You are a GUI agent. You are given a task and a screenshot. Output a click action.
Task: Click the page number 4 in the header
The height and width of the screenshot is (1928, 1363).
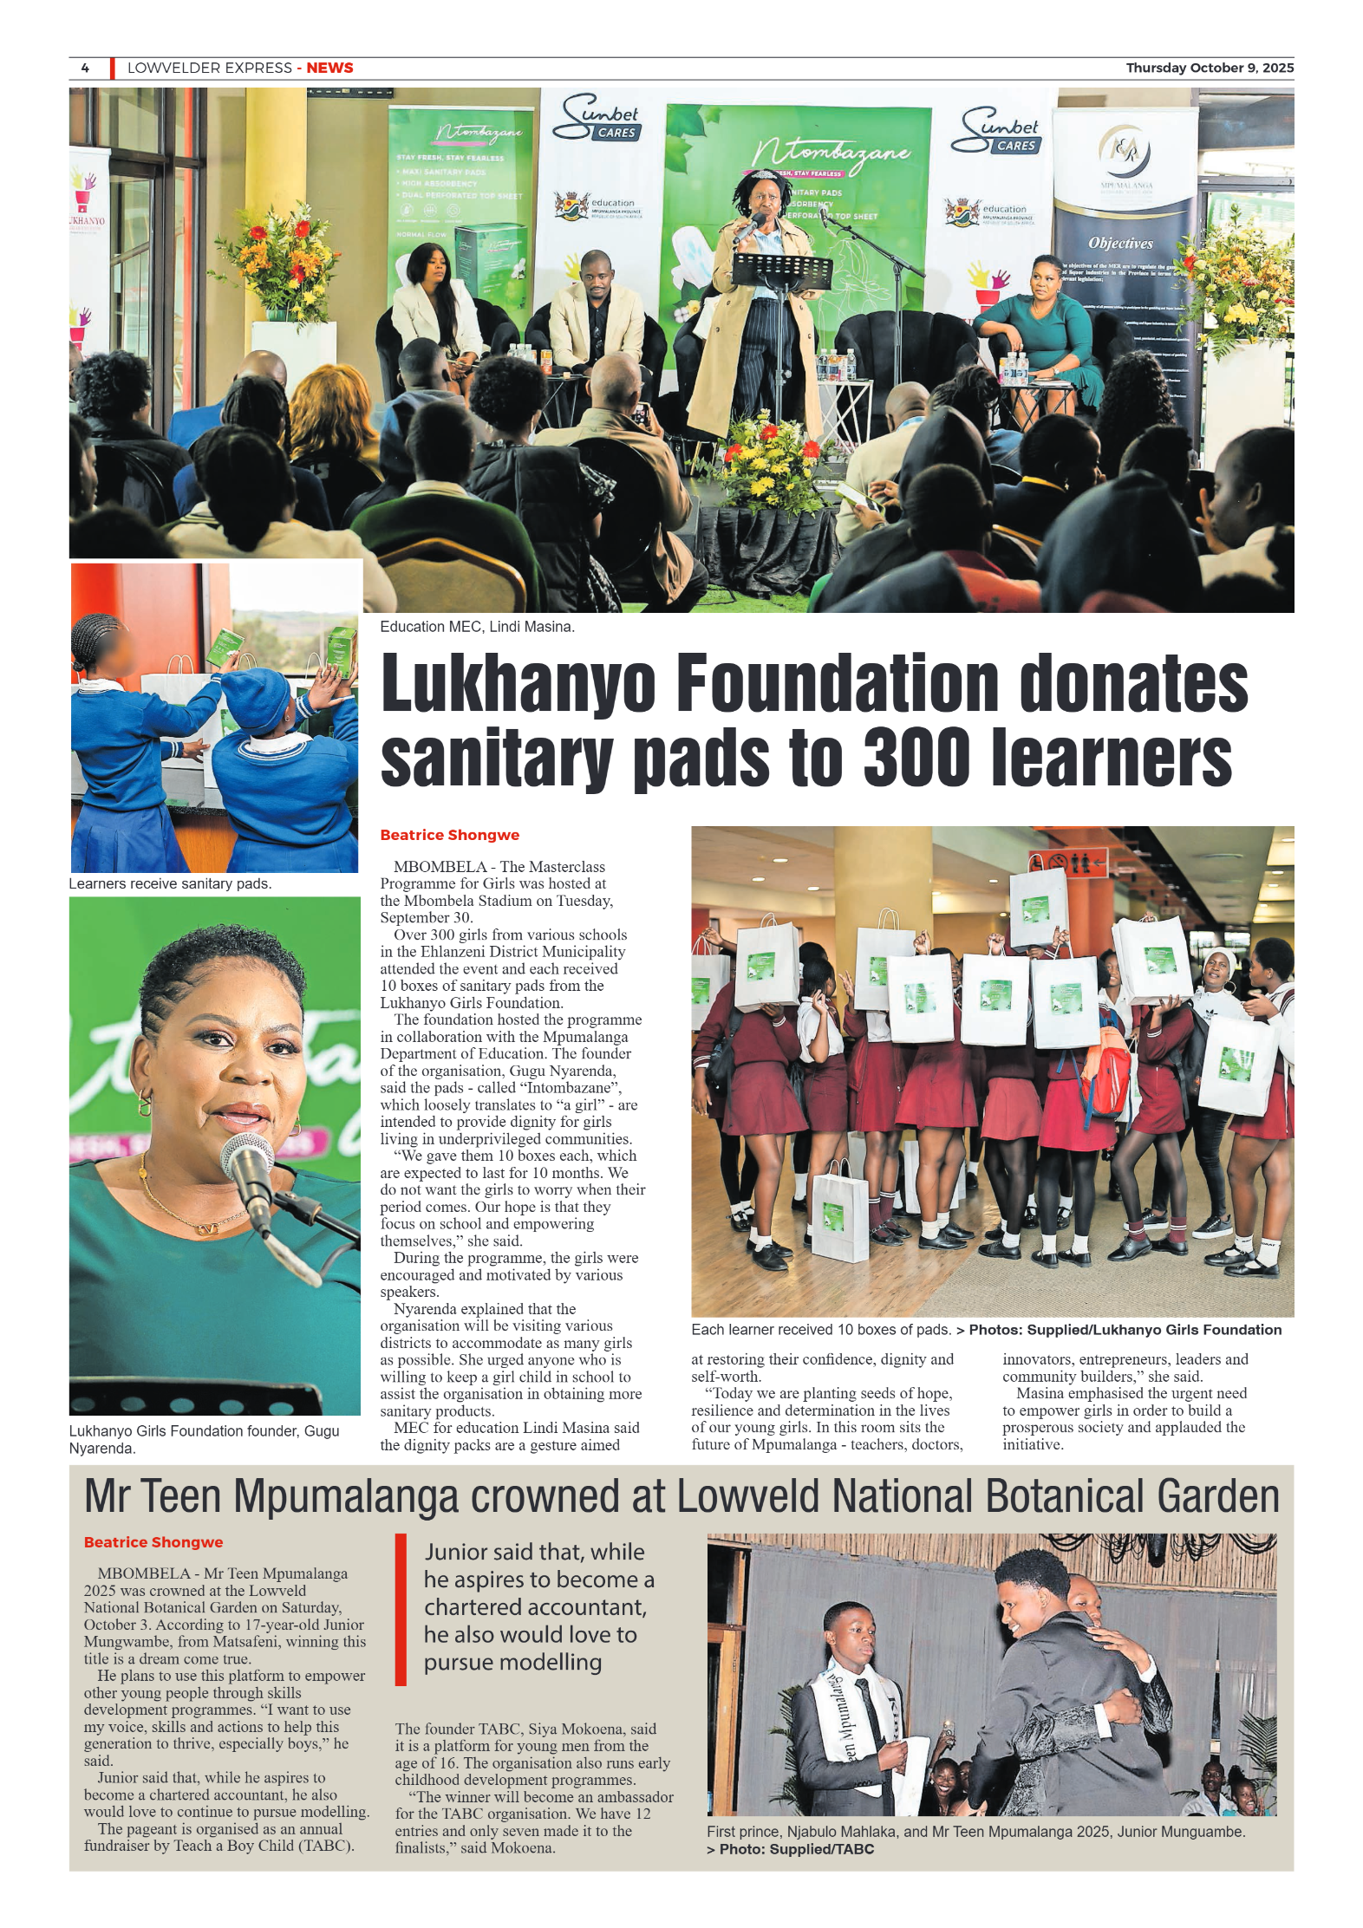[85, 68]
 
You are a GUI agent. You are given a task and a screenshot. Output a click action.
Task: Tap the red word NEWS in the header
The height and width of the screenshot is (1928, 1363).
[329, 68]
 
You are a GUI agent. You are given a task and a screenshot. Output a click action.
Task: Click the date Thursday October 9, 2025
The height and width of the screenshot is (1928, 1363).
[1209, 68]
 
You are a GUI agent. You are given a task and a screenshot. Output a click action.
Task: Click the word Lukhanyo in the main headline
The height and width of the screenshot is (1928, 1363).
[518, 684]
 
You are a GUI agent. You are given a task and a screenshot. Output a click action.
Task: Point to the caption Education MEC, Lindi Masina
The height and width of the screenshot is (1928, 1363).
[477, 627]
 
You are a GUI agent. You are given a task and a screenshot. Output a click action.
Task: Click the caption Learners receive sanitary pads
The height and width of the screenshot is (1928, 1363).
[170, 883]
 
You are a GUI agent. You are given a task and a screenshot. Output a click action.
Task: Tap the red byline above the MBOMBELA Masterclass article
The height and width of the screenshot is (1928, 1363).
[449, 835]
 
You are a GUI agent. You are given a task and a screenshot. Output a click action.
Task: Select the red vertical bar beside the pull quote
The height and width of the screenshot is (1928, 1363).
[401, 1610]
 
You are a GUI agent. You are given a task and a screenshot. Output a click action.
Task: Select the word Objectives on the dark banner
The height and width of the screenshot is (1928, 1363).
[1120, 244]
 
